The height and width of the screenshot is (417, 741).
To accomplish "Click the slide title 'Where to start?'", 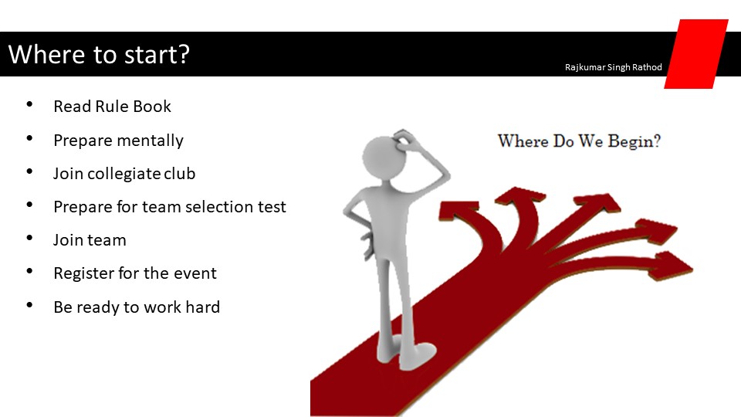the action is (99, 55).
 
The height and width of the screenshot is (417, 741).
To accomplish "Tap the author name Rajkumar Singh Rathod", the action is (613, 67).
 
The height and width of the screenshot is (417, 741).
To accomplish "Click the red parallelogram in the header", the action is (696, 54).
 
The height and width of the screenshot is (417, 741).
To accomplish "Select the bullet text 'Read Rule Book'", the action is (112, 107).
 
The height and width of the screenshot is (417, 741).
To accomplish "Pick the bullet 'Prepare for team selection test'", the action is (170, 207).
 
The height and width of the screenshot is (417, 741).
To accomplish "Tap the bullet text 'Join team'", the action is (90, 240).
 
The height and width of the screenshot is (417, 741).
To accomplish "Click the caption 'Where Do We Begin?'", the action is (579, 141).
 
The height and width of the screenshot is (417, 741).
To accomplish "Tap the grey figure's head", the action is (384, 158).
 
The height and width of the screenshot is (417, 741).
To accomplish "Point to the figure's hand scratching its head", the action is (404, 140).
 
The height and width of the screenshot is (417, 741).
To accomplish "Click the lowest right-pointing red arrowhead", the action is (672, 266).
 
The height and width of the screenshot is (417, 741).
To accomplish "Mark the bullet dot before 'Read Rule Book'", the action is (30, 104).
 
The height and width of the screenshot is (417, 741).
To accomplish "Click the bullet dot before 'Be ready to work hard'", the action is (30, 305).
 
